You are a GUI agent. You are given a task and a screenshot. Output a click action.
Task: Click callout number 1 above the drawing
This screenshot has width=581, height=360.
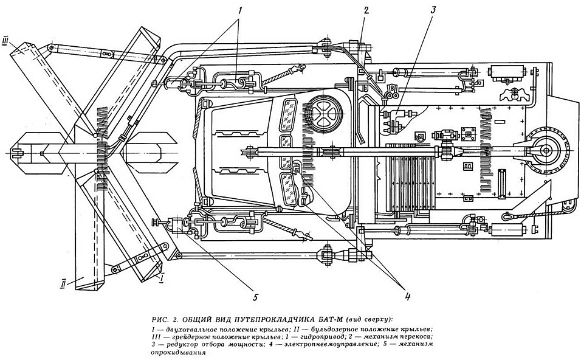click(x=239, y=10)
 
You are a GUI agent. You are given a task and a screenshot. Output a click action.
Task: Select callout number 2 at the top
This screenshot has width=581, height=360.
click(x=366, y=10)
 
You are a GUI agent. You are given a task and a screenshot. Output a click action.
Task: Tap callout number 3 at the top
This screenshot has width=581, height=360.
click(x=434, y=10)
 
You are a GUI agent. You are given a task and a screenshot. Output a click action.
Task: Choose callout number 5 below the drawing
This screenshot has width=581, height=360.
click(x=256, y=297)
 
